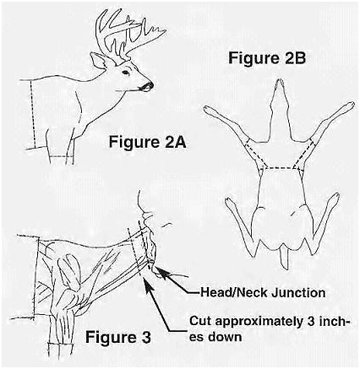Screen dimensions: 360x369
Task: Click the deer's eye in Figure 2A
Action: (126, 73)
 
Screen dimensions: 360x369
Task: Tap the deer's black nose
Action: (149, 85)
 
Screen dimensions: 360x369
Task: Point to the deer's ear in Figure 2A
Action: (99, 61)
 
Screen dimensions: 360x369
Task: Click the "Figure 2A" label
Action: (147, 142)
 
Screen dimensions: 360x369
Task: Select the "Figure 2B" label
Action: (267, 58)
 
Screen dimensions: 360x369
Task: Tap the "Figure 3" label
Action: (118, 337)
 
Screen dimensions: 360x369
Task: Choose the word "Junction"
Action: (298, 293)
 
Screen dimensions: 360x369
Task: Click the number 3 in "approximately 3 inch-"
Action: (311, 321)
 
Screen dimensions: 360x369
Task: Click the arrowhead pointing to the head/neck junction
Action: (160, 271)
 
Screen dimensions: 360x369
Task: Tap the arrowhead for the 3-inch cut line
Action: (148, 282)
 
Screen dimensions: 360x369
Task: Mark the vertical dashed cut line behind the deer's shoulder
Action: (33, 114)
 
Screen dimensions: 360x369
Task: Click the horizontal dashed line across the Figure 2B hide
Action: (279, 168)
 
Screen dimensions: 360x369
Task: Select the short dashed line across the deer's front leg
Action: (62, 156)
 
